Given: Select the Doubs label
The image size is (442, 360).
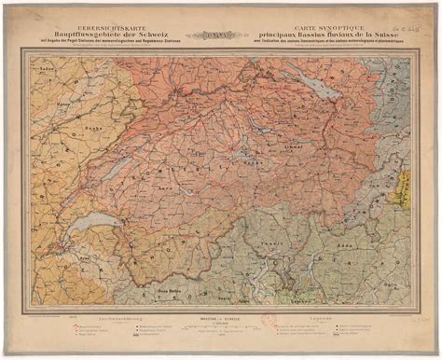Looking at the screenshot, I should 92,130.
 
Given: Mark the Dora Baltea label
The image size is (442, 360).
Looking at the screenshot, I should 148,266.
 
